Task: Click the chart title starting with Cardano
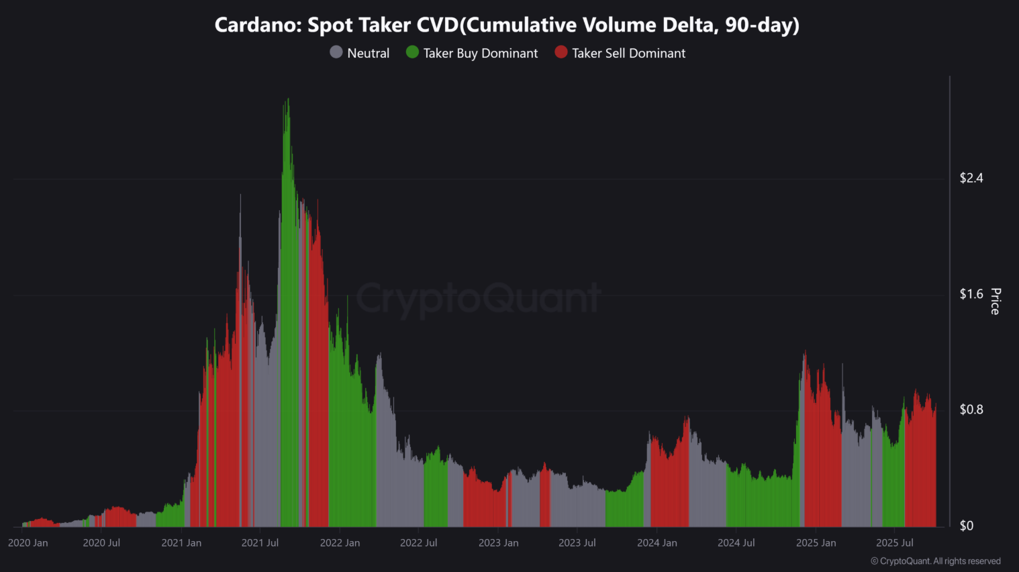(x=507, y=26)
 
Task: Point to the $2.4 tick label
(x=971, y=178)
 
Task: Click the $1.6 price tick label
(x=971, y=294)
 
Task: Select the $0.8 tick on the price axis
(x=971, y=410)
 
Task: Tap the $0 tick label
(x=966, y=526)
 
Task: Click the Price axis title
(x=996, y=301)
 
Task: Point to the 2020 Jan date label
(x=28, y=543)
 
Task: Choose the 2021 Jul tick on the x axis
(x=260, y=543)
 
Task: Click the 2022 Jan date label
(x=340, y=543)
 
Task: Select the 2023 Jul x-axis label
(x=577, y=543)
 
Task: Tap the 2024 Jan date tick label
(x=657, y=543)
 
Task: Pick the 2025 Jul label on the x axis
(x=894, y=543)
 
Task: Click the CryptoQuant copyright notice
(x=935, y=561)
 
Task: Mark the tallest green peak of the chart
(x=287, y=101)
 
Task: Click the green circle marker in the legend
(x=412, y=52)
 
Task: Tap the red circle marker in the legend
(x=561, y=52)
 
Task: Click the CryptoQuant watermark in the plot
(x=478, y=299)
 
